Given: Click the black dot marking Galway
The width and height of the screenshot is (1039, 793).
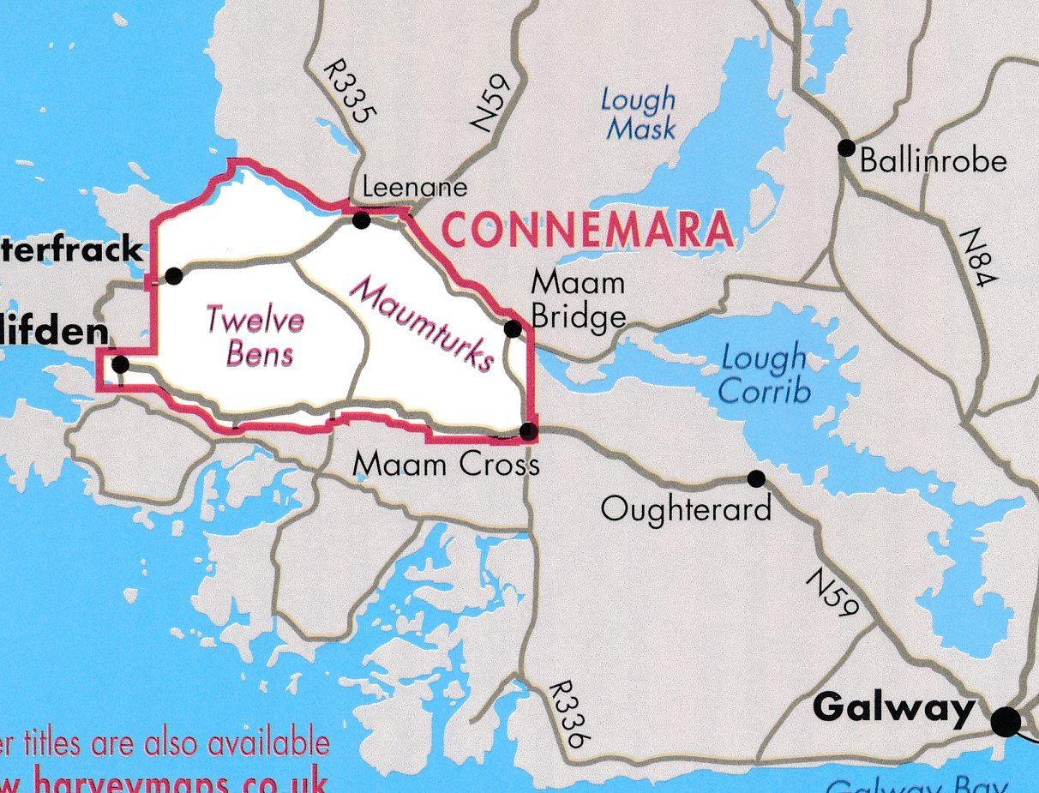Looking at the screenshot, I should pos(1006,721).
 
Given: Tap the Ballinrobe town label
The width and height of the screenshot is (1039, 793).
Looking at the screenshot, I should pos(933,160).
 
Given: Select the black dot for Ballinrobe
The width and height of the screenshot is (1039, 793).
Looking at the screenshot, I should pos(846,147).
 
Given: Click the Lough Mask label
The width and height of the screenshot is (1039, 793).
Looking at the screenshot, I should pos(638,114).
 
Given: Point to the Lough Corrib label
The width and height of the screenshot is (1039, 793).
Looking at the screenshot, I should pos(764,374).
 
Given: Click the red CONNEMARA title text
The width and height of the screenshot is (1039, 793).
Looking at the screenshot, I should pos(588,230).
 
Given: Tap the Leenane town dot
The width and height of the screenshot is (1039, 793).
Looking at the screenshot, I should pos(361,220).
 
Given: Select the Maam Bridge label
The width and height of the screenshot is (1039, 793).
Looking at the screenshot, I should pos(579,300).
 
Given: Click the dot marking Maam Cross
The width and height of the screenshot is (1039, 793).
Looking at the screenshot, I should pos(529,430).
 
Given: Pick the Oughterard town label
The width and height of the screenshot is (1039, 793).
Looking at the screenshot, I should pos(686,509).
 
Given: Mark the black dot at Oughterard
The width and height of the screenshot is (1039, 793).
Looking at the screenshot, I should pos(756,478).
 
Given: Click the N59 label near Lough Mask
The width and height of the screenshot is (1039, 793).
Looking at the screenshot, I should pos(492,103).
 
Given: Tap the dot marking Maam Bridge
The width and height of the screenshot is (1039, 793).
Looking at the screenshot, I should pos(513,328).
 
